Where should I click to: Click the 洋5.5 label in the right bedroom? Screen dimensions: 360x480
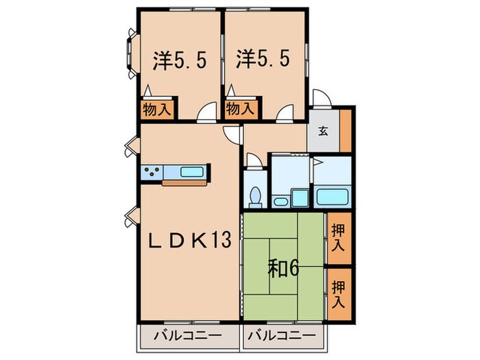click(263, 60)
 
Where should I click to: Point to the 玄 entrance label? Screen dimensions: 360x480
click(322, 132)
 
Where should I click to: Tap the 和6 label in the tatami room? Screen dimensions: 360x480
click(283, 268)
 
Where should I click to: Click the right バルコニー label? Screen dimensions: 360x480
click(282, 336)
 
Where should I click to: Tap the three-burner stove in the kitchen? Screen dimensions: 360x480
click(152, 172)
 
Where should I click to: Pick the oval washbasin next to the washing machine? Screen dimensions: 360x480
click(280, 201)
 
